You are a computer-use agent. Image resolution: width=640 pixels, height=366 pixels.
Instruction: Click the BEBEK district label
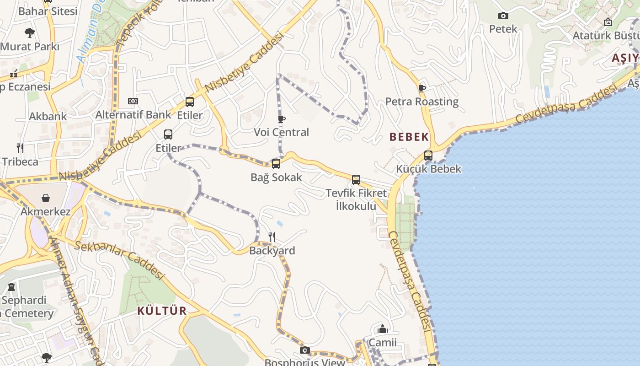(x=409, y=137)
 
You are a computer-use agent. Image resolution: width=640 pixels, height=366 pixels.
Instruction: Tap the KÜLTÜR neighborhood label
(x=162, y=311)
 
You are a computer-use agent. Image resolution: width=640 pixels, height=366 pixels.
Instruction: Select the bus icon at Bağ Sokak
(x=276, y=164)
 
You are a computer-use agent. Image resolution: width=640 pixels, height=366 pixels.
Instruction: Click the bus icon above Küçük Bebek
(x=428, y=156)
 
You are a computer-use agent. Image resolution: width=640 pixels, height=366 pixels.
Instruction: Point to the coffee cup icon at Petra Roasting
(x=422, y=88)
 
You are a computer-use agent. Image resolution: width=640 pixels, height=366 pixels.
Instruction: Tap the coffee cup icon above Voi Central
(x=282, y=119)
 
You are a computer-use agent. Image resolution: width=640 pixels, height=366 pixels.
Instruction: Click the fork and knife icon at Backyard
(x=272, y=237)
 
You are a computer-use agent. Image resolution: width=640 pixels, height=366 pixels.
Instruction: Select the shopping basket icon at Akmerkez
(x=46, y=198)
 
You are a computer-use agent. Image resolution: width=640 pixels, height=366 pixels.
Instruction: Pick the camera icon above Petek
(x=503, y=16)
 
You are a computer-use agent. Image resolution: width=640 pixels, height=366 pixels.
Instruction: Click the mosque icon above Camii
(x=383, y=329)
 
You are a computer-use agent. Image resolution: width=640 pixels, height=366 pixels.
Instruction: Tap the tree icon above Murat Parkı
(x=30, y=33)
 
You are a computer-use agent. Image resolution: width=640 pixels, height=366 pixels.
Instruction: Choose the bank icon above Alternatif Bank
(x=133, y=101)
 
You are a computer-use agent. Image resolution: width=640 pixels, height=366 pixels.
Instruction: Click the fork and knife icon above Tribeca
(x=20, y=148)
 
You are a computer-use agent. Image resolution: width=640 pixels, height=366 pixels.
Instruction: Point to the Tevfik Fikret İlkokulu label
(x=356, y=199)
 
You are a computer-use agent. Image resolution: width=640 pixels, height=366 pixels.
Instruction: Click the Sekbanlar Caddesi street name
(x=119, y=259)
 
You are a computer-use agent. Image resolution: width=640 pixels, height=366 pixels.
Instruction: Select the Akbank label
(x=48, y=116)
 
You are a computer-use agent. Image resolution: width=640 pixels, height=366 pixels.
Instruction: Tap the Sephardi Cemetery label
(x=27, y=307)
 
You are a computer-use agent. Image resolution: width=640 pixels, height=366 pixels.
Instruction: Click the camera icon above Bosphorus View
(x=305, y=350)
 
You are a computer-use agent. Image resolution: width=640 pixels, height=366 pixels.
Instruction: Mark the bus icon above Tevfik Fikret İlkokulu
(x=356, y=180)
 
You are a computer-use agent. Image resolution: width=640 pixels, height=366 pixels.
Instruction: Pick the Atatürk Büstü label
(x=606, y=36)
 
